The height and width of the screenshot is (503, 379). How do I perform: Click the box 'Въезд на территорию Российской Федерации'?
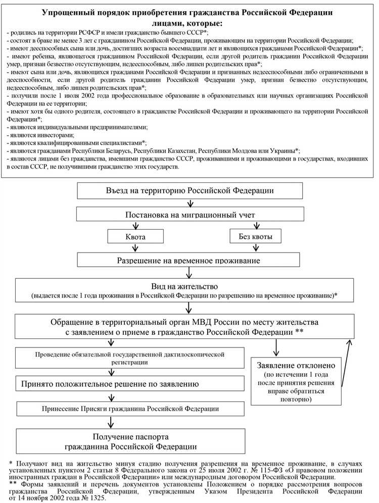189,190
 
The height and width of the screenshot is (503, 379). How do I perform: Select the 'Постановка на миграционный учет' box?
189,215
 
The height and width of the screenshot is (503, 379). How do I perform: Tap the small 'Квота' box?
135,236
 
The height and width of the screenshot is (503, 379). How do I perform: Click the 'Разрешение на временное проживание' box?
189,261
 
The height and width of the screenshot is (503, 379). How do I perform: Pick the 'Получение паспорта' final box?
130,441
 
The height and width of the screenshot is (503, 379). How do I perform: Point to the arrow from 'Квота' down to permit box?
135,248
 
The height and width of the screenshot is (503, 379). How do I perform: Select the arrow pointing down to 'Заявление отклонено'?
276,347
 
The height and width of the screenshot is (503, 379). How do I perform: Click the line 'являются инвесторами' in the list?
40,135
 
